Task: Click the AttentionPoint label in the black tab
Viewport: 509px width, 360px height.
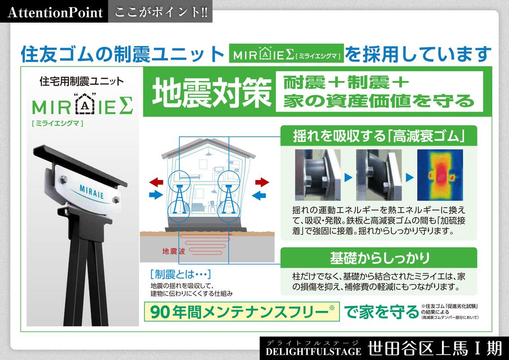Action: tap(55, 12)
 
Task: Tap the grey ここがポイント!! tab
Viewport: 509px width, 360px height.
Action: tap(161, 12)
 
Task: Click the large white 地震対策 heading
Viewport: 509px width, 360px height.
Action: tap(211, 93)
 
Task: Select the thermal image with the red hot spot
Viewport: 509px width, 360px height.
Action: tap(440, 175)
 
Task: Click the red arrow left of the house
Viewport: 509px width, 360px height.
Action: tap(156, 182)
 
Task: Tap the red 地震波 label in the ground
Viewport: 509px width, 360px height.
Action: tap(174, 251)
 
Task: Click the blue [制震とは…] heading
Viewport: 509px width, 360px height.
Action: tap(180, 274)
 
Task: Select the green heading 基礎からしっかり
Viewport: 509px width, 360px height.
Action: tap(379, 258)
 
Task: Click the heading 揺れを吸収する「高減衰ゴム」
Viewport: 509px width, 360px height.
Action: tap(379, 136)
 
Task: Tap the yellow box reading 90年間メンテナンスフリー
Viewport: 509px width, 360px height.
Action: tap(242, 311)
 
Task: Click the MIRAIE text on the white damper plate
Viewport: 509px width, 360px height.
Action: tap(92, 191)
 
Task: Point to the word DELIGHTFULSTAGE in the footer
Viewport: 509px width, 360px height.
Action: tap(313, 351)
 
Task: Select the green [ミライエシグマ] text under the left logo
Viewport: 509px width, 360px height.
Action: tap(58, 123)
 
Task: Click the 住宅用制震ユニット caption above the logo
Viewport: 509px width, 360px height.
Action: tap(82, 81)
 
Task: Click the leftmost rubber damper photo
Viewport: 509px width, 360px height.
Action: tap(318, 175)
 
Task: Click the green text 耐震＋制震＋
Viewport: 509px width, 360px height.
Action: tap(346, 82)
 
